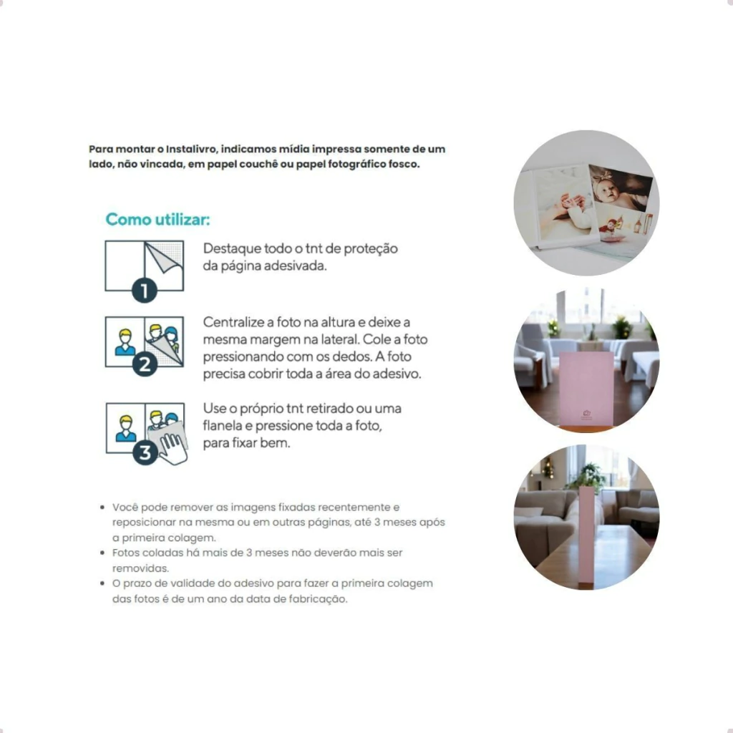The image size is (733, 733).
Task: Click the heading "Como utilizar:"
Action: point(157,219)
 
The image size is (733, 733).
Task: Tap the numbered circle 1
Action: point(145,291)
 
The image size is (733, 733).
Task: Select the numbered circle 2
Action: point(145,364)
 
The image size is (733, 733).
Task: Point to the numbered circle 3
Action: point(145,452)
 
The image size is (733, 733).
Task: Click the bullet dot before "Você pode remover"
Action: point(102,508)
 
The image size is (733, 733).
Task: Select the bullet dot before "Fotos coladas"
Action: point(102,553)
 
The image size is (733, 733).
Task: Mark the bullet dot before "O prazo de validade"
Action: point(102,583)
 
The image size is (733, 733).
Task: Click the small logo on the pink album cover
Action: point(587,414)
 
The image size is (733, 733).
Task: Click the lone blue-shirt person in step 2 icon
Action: point(125,343)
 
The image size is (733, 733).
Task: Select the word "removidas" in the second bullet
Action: point(140,568)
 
